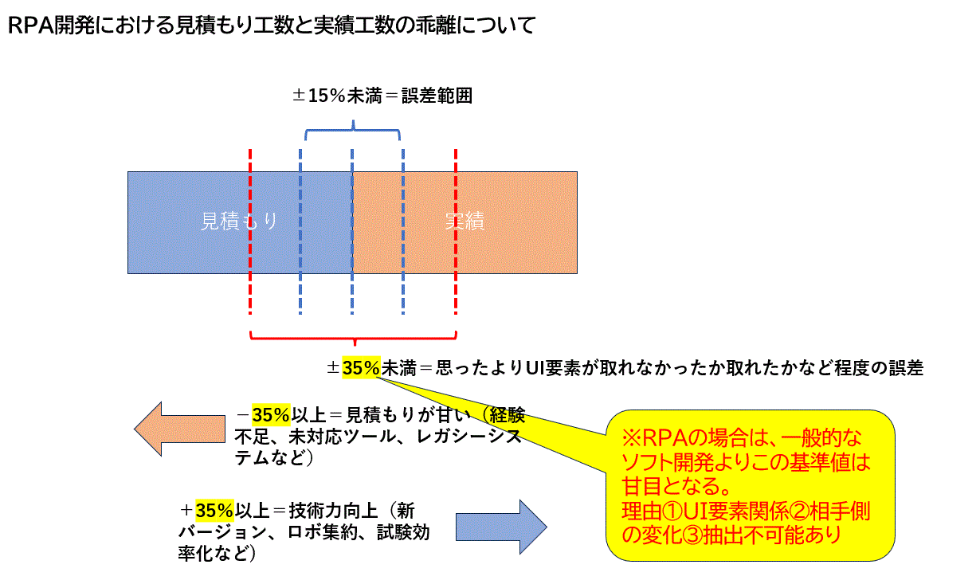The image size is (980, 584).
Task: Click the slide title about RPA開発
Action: pos(271,26)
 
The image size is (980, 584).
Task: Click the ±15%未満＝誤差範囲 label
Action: pos(382,96)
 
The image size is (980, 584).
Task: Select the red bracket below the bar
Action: pos(353,335)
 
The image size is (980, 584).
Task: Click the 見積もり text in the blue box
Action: pos(239,221)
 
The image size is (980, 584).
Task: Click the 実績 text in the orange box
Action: pos(465,221)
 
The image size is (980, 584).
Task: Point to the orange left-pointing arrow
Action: pos(179,429)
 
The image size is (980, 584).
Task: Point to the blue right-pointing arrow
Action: pos(501,527)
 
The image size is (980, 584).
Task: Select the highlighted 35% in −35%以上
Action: pos(271,415)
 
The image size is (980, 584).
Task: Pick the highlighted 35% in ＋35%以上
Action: pos(214,510)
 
